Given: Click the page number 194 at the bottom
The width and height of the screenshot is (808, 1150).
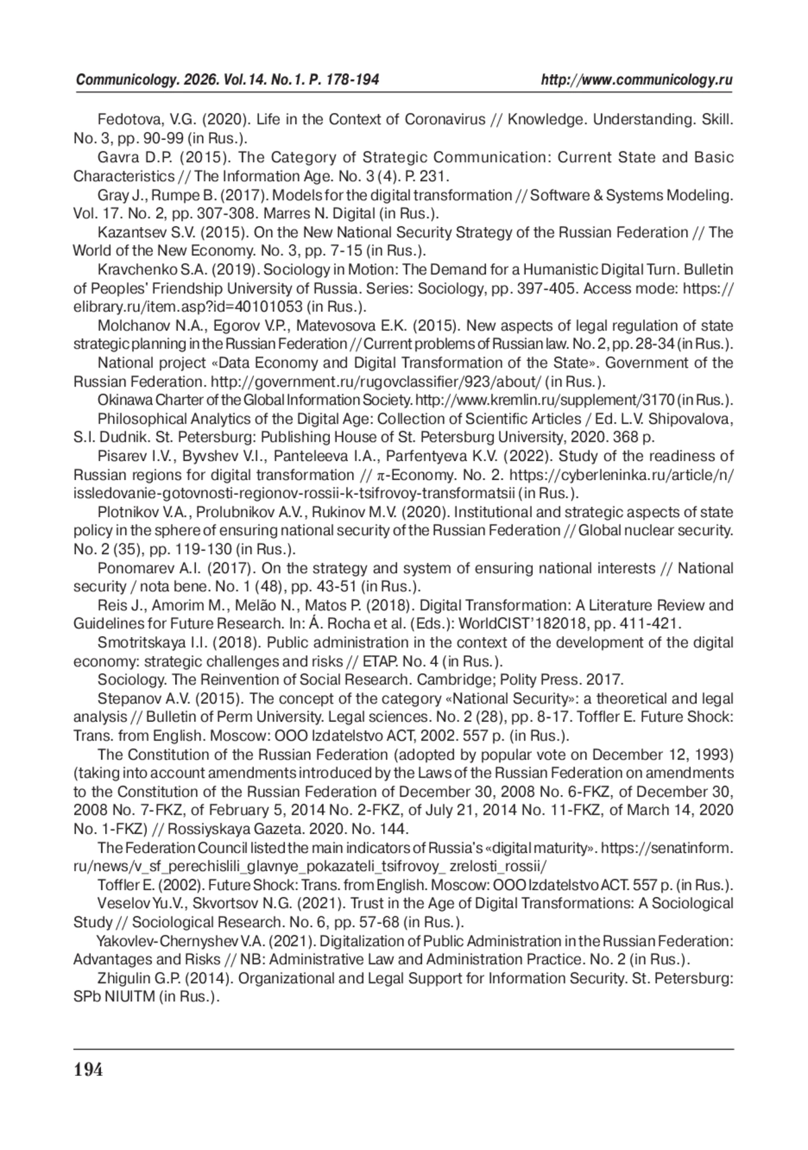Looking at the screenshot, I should (88, 1070).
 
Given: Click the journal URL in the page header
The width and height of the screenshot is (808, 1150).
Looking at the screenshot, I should (637, 81).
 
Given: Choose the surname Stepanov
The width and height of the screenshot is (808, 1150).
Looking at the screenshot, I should (125, 699).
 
